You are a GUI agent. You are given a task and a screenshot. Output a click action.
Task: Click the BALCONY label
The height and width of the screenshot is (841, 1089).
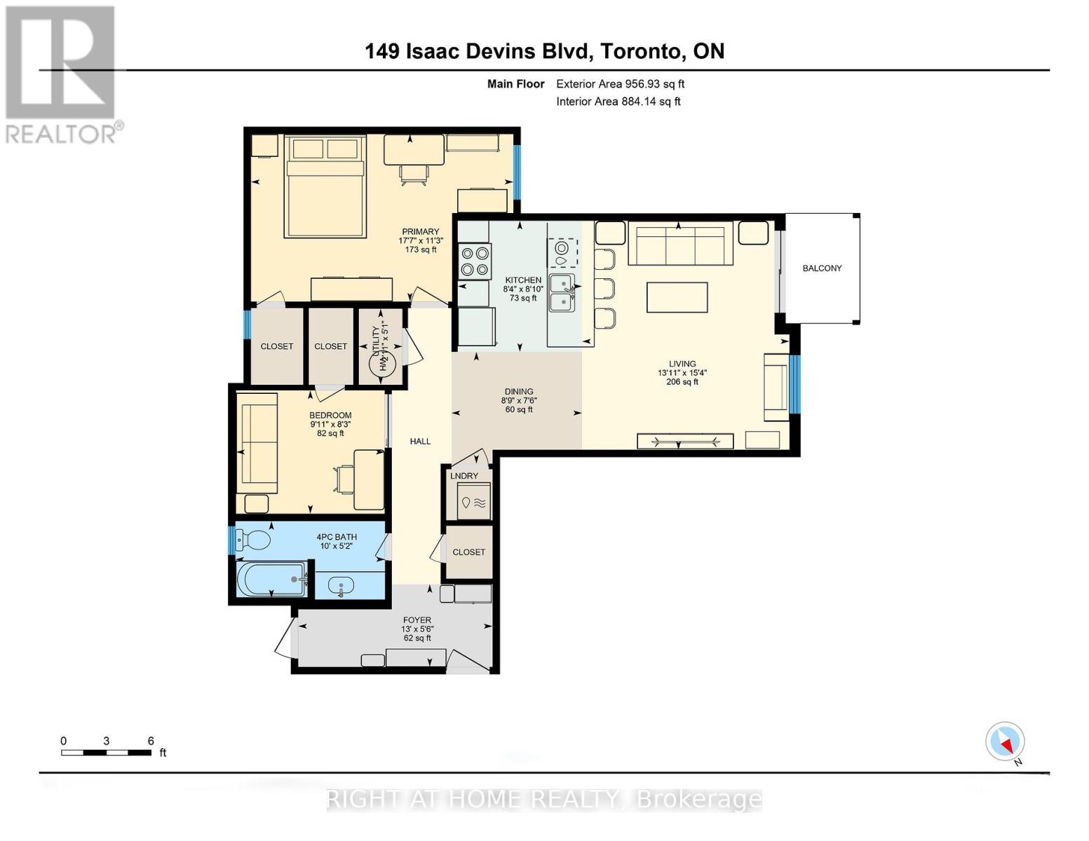pyautogui.click(x=822, y=268)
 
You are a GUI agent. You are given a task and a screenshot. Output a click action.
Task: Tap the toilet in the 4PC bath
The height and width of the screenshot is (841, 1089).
pyautogui.click(x=254, y=540)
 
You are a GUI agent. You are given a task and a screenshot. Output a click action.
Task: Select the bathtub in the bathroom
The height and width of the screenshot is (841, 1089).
pyautogui.click(x=270, y=579)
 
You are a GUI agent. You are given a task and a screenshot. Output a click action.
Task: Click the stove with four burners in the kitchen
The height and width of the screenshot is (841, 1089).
pyautogui.click(x=475, y=261)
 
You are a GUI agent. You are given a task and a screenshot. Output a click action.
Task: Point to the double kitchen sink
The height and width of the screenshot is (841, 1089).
pyautogui.click(x=562, y=293)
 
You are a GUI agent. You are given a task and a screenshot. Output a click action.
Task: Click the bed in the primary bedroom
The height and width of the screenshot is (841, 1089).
pyautogui.click(x=325, y=187)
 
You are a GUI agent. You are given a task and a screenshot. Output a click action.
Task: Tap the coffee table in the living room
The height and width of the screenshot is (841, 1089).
pyautogui.click(x=677, y=297)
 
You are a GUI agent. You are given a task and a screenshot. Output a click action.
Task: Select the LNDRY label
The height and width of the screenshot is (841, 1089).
pyautogui.click(x=464, y=476)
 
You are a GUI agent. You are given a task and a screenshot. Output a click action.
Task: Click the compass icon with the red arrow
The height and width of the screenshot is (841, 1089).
pyautogui.click(x=1005, y=741)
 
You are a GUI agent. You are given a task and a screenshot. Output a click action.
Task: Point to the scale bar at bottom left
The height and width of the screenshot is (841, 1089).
pyautogui.click(x=106, y=753)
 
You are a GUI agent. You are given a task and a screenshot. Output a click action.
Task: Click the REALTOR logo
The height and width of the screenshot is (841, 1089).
pyautogui.click(x=62, y=74)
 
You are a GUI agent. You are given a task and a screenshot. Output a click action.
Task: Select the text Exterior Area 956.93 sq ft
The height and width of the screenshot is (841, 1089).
pyautogui.click(x=620, y=84)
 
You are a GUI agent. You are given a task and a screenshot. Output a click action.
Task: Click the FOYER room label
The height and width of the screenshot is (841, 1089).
pyautogui.click(x=417, y=620)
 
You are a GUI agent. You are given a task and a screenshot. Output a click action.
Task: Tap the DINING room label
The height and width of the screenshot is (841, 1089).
pyautogui.click(x=519, y=392)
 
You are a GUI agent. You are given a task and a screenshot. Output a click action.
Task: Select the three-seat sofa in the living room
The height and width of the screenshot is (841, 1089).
pyautogui.click(x=680, y=245)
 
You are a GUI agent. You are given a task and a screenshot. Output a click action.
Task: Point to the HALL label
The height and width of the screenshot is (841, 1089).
pyautogui.click(x=420, y=442)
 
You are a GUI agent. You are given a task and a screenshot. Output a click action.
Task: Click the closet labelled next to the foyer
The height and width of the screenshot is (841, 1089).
pyautogui.click(x=468, y=552)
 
